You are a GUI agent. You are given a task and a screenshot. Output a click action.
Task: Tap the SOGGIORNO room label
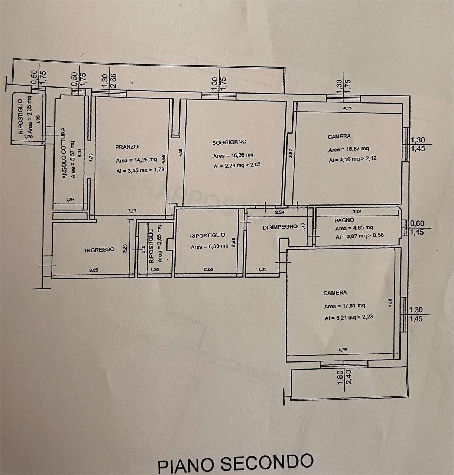click(229, 142)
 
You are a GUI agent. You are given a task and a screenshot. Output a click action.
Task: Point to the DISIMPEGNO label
click(280, 226)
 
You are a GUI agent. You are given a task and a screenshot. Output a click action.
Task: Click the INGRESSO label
click(100, 250)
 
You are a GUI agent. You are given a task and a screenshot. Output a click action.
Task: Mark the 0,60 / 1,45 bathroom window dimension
click(416, 228)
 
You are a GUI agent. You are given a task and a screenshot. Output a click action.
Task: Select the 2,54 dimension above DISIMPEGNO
click(279, 213)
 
